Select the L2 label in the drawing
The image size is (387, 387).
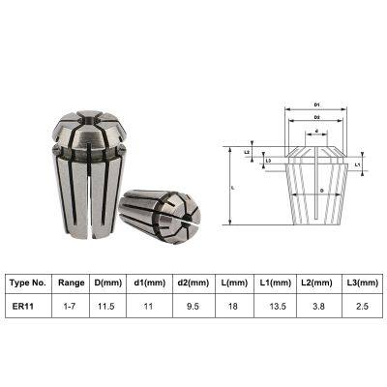coord(247,152)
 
